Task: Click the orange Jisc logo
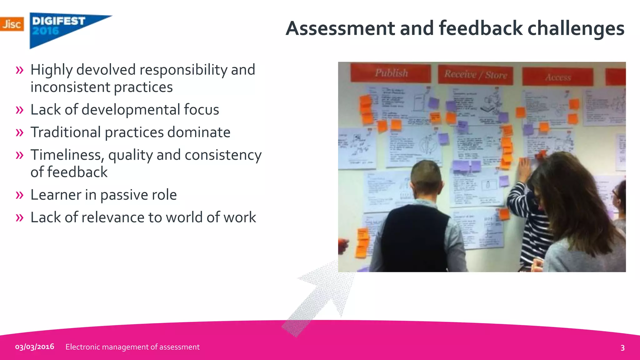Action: [12, 24]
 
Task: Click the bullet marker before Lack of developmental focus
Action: [19, 110]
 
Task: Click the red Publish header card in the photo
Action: [391, 73]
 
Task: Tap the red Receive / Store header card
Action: [475, 75]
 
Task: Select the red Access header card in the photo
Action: [558, 77]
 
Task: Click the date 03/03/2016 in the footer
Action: [35, 347]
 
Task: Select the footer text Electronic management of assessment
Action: [132, 347]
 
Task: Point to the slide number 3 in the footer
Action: [622, 348]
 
